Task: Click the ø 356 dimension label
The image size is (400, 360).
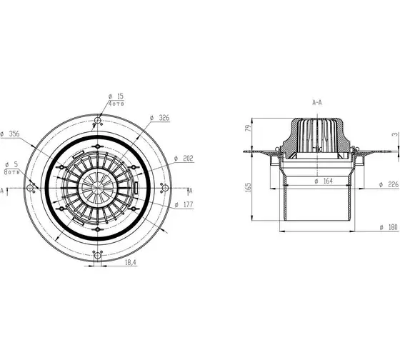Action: coord(10,134)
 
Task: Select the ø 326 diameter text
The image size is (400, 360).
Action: coord(160,118)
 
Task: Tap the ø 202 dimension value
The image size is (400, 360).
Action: coord(184,159)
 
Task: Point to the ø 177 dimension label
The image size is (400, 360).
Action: coord(184,204)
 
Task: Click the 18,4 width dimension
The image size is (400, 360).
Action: coord(131,262)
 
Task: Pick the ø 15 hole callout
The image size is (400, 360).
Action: coord(116,96)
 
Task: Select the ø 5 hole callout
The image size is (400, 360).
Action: coord(11,164)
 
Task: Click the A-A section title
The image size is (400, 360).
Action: coord(317,103)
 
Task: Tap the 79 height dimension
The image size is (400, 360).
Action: coord(248,128)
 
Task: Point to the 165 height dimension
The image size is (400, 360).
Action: coord(248,187)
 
